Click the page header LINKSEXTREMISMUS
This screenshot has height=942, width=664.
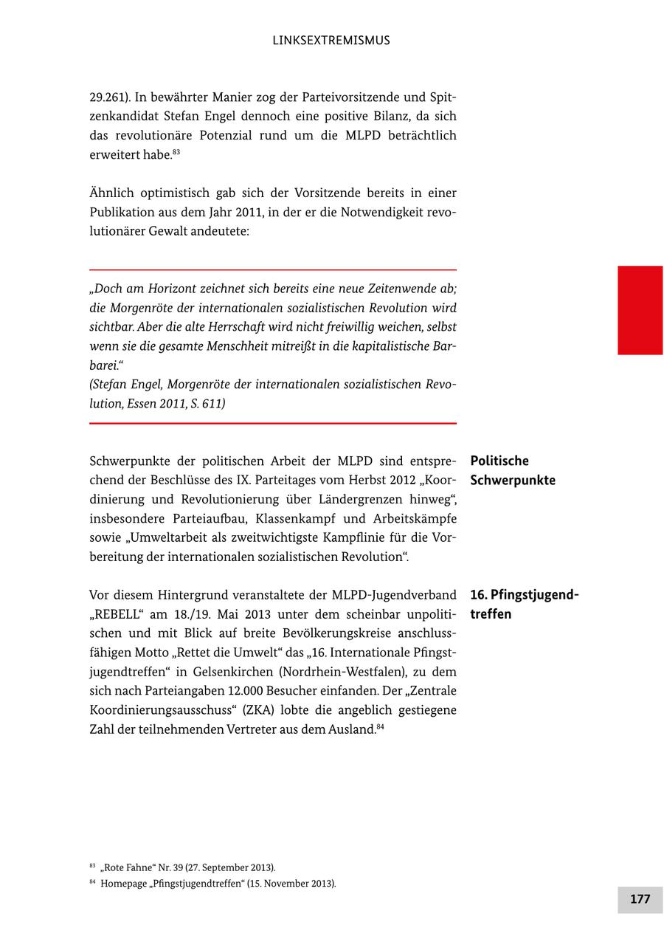tap(331, 41)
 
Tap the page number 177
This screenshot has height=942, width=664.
tap(640, 899)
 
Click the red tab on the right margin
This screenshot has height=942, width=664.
tap(640, 310)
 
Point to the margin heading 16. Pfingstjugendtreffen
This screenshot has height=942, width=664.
tap(525, 604)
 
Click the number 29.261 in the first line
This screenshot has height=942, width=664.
tap(107, 97)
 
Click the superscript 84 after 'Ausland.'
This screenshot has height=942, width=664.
tap(380, 727)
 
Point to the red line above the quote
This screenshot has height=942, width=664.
tap(273, 270)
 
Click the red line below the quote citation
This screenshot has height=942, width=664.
tap(273, 423)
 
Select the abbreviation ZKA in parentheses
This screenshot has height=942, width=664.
tap(263, 710)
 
